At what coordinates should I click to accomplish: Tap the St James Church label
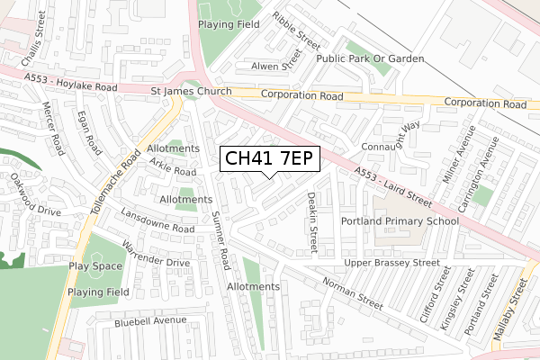[191, 92]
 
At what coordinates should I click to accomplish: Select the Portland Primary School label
[400, 221]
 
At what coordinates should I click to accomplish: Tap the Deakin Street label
[313, 221]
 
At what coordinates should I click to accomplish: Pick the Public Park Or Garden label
[370, 58]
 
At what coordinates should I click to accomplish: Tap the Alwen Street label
[277, 65]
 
